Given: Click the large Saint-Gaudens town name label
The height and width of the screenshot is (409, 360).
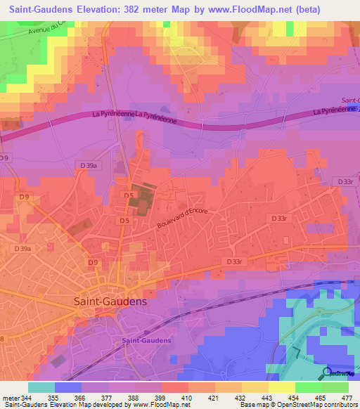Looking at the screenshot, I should coord(111,301).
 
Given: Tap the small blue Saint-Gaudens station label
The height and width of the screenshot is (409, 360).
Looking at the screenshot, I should coord(146,341).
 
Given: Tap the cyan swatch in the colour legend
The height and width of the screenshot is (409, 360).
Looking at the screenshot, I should coord(41,387).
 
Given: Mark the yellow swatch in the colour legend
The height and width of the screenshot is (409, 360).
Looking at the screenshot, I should coord(282,387).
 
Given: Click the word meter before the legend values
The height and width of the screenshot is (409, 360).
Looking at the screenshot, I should coord(10,398).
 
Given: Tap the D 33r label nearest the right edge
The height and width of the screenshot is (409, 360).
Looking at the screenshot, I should coord(345,181).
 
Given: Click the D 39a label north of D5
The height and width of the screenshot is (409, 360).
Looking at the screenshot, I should coord(89,164).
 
